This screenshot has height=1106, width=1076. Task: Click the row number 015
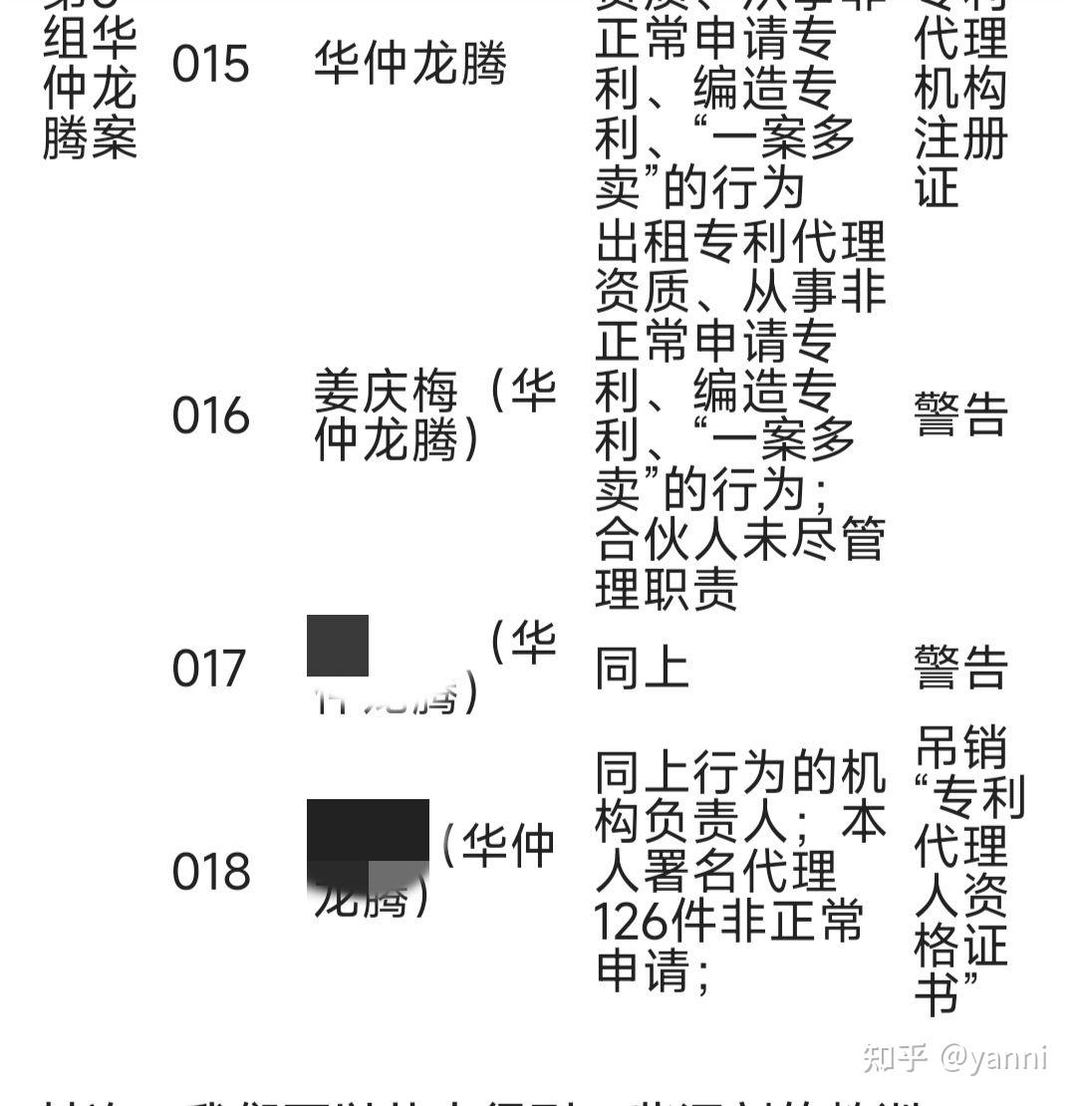[210, 64]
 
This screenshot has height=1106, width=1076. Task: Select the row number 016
[210, 415]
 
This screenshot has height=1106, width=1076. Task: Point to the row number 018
[210, 872]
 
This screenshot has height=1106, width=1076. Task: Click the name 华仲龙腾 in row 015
[409, 64]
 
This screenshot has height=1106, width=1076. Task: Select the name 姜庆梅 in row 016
[386, 392]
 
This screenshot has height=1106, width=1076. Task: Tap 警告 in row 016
[960, 415]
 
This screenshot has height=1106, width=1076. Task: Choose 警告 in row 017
[960, 668]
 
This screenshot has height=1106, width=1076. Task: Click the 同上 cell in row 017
[642, 668]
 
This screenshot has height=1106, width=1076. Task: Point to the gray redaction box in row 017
[338, 646]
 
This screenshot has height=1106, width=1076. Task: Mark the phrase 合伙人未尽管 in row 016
[739, 541]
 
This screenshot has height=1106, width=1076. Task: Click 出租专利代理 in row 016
[739, 242]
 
